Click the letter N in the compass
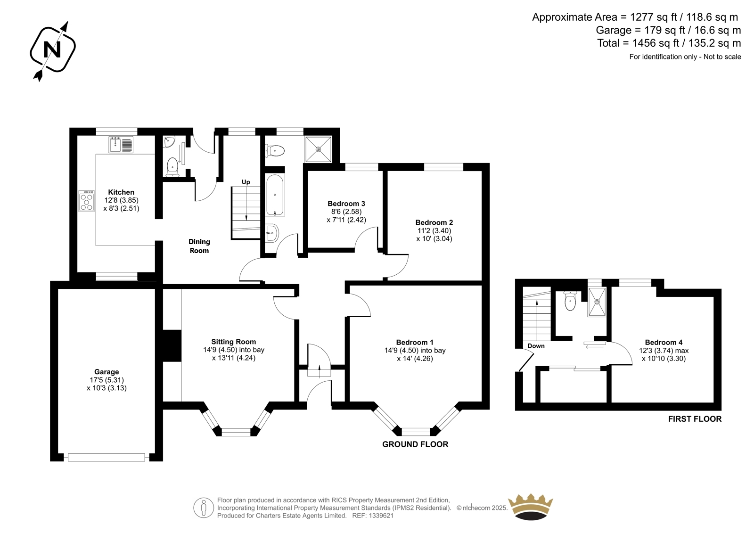click(x=52, y=50)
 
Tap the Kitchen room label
click(x=121, y=192)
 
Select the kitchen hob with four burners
click(x=87, y=201)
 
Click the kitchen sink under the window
click(x=121, y=145)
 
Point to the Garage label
click(x=107, y=372)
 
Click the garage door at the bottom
click(x=107, y=457)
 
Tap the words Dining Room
click(x=199, y=246)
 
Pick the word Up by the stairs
click(x=246, y=182)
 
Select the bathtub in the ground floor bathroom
click(x=275, y=195)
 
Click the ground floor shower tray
click(x=318, y=149)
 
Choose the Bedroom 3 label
click(x=346, y=204)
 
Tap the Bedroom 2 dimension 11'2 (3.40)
click(x=434, y=230)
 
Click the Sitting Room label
click(x=234, y=342)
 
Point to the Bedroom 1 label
click(x=415, y=343)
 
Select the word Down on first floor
click(x=536, y=346)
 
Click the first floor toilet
click(x=570, y=300)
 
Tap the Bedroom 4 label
click(x=664, y=343)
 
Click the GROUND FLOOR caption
click(x=415, y=444)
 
